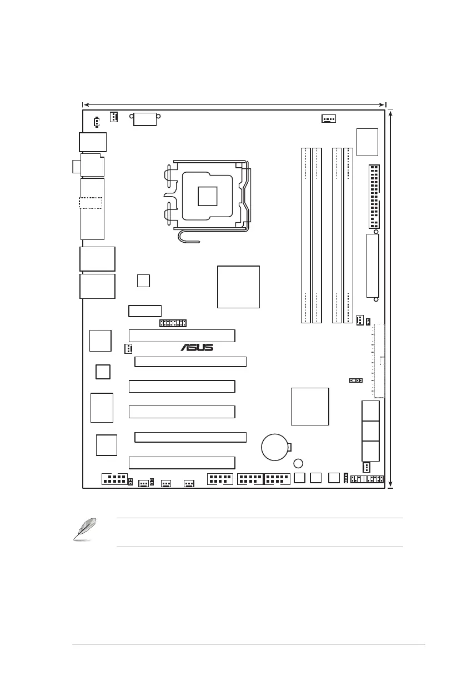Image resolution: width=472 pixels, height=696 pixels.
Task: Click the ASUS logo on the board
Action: (x=197, y=348)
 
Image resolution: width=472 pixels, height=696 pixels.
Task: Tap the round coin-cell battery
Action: (x=276, y=446)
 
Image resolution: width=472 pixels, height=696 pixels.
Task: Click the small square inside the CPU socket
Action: (x=207, y=196)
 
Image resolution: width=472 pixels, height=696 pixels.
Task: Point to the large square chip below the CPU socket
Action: (x=238, y=287)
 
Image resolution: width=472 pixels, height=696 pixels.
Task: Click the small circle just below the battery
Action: (x=299, y=463)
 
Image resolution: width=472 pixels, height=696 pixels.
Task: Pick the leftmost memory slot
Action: (x=305, y=235)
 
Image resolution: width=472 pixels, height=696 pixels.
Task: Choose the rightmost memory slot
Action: (x=348, y=235)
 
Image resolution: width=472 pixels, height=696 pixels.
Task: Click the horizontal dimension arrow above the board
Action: (x=233, y=104)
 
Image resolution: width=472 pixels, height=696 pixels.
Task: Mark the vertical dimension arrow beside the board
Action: (x=392, y=298)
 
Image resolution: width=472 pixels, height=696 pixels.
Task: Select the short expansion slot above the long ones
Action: (x=145, y=311)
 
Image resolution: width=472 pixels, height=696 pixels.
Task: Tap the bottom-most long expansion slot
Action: (x=182, y=462)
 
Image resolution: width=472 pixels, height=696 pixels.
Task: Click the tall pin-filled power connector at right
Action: (x=374, y=197)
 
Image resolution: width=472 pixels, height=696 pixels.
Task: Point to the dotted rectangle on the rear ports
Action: (x=91, y=203)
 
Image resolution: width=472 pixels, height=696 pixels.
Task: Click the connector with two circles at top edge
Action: (x=145, y=118)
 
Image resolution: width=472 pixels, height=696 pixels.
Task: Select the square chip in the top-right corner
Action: (x=367, y=142)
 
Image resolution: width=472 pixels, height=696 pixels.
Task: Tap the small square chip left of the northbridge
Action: (x=143, y=281)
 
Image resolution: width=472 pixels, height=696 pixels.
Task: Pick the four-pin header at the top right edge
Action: (x=329, y=118)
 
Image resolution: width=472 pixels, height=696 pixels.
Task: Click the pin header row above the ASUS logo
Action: (x=173, y=323)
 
